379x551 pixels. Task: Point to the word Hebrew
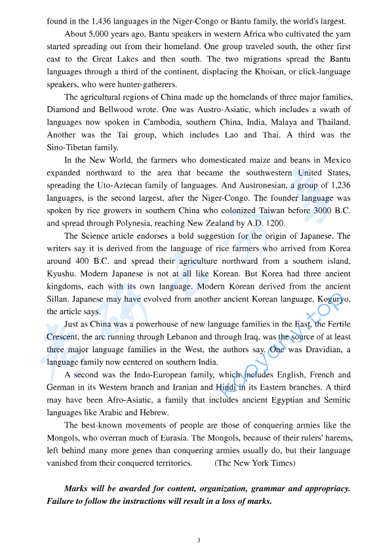(x=154, y=412)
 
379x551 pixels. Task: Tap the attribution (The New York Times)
(x=255, y=462)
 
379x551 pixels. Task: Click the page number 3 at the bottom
(x=199, y=541)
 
